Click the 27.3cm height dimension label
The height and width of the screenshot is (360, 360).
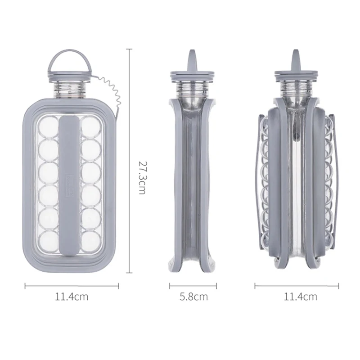tap(142, 178)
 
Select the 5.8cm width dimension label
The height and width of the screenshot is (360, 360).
tap(193, 297)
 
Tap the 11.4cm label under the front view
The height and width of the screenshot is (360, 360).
tap(72, 297)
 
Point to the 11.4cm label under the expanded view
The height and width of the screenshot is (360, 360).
tap(301, 297)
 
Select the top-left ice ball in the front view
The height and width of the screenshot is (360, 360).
tap(49, 126)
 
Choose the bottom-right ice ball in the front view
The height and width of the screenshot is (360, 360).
tap(91, 241)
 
